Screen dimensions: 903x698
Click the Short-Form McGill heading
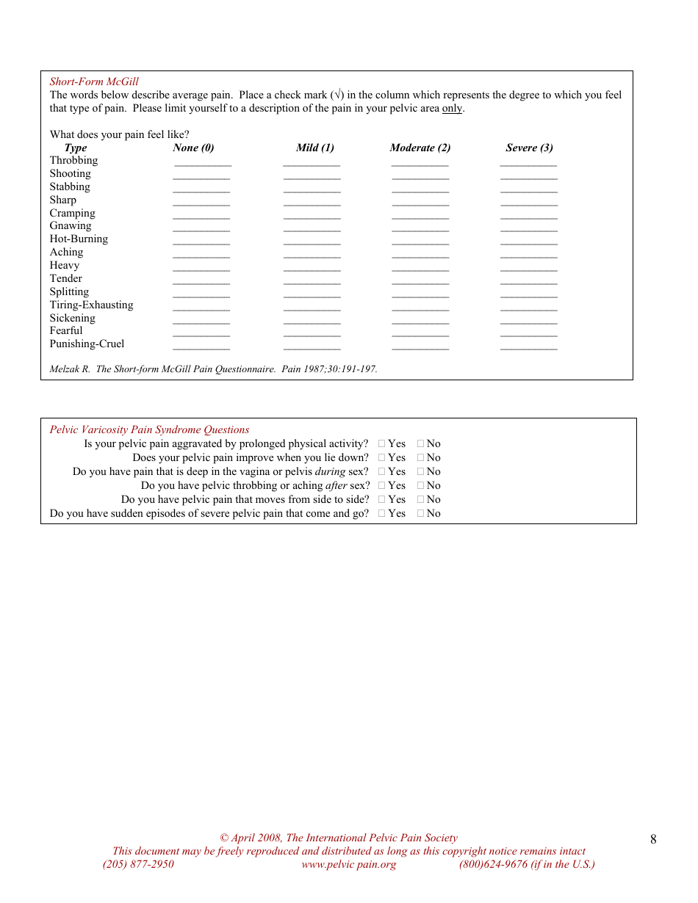94,81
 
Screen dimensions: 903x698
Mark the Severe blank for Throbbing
528,164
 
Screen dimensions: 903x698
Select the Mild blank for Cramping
312,217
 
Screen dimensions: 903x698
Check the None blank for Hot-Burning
201,243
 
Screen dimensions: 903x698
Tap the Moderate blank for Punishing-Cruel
420,348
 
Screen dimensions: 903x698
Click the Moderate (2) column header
420,148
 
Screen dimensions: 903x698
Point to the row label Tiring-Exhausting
91,305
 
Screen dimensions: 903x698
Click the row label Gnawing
71,225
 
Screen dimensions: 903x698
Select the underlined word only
452,109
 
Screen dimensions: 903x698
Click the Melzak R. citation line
213,369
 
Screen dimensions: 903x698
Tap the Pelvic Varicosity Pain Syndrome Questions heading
149,430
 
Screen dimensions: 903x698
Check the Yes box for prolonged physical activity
382,443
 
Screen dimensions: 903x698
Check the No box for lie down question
421,457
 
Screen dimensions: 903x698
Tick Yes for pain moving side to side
382,499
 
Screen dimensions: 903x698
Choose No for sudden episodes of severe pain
421,513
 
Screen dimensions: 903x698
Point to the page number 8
653,840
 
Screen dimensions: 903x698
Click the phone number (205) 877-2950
138,864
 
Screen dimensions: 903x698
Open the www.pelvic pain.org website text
348,864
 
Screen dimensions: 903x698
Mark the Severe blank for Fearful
528,335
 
